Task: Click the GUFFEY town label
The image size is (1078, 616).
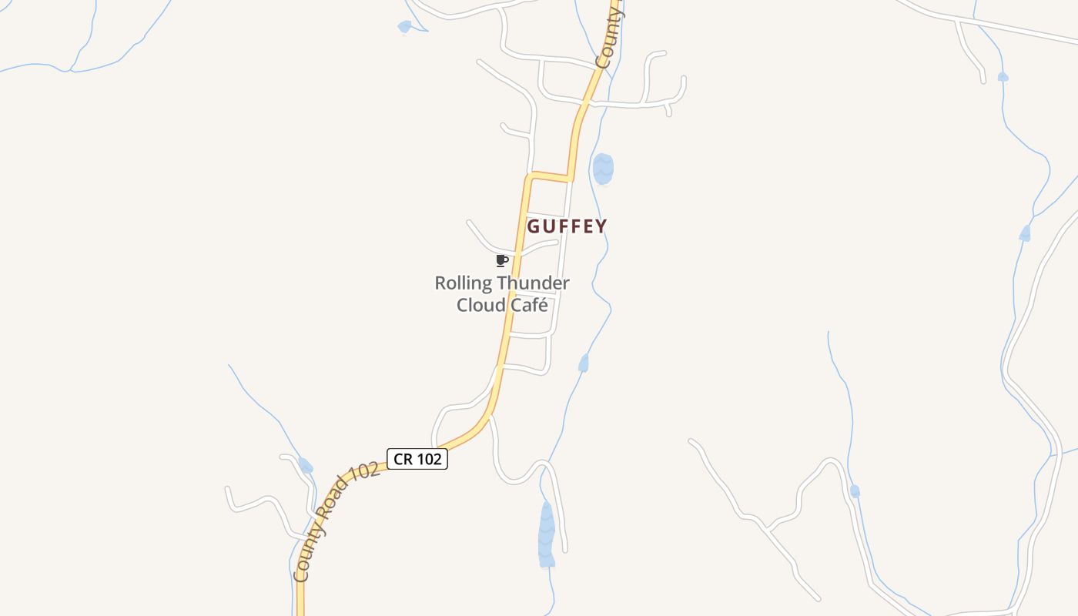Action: click(567, 226)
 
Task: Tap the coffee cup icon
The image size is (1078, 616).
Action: click(502, 260)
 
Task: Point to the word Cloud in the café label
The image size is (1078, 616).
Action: click(480, 305)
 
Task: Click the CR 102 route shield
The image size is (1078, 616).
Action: click(417, 459)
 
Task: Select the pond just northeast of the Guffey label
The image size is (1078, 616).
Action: click(603, 169)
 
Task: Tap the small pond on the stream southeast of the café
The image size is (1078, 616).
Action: click(584, 363)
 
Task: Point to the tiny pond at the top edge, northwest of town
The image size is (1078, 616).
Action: click(404, 27)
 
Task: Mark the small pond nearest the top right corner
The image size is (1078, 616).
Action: click(1003, 76)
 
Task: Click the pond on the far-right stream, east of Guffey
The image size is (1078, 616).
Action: click(1025, 233)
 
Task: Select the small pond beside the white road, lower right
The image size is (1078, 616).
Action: click(855, 490)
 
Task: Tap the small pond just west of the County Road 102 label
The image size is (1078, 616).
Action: click(306, 465)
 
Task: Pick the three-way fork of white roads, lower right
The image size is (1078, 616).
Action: click(768, 529)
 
